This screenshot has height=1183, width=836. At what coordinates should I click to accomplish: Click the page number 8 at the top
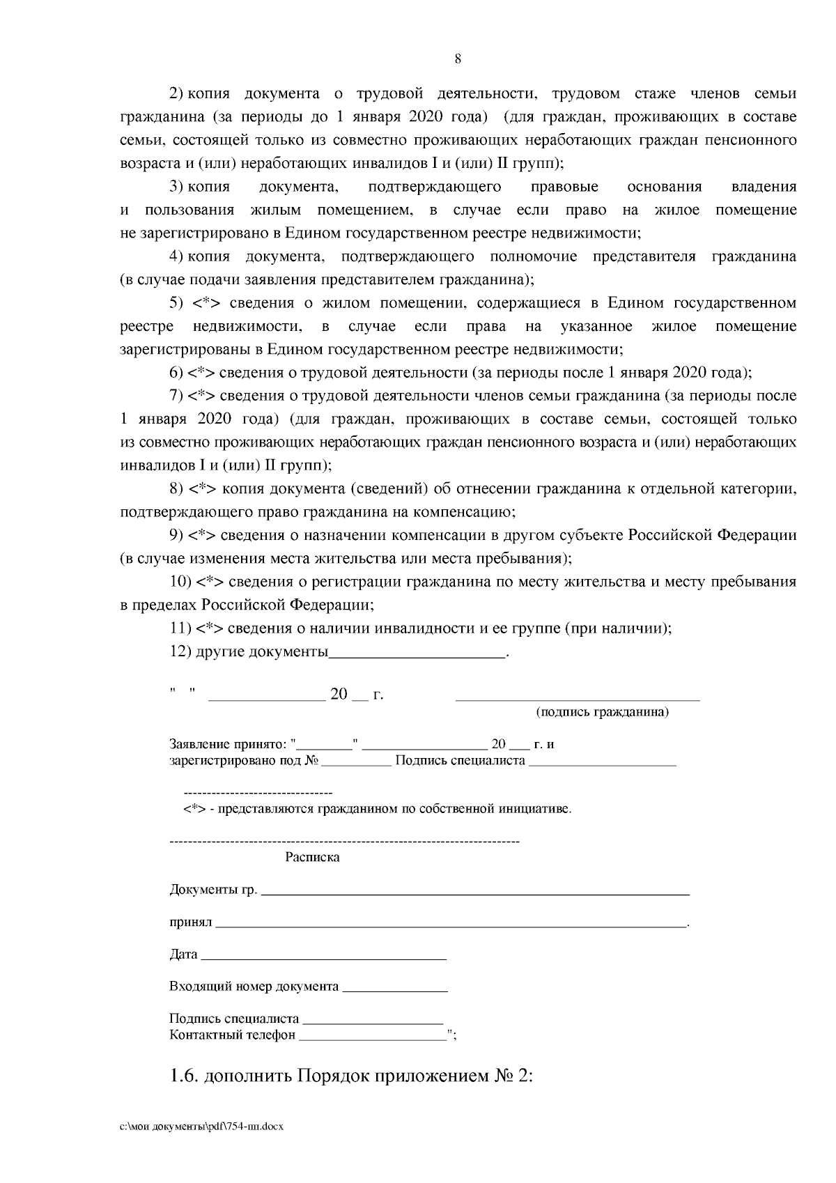point(458,59)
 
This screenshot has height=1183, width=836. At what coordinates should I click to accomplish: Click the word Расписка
point(312,858)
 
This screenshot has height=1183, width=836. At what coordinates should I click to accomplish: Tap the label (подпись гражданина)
point(602,712)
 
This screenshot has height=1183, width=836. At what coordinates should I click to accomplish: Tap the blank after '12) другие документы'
point(417,655)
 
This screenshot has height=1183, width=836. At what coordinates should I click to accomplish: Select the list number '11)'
point(180,628)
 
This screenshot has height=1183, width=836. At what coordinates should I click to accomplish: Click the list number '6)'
point(176,373)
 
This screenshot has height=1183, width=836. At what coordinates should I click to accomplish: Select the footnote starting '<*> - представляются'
point(377,809)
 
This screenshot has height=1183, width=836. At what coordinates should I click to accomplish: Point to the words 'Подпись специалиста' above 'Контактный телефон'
point(234,1019)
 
